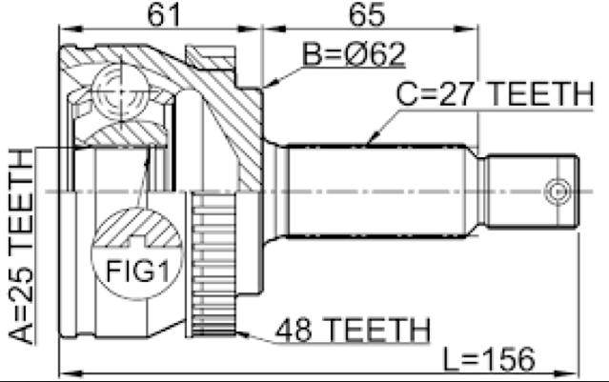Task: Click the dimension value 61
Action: [164, 14]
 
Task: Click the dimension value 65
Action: [367, 14]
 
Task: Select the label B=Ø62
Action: [354, 53]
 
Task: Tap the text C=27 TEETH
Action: [495, 94]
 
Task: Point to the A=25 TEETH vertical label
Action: [21, 246]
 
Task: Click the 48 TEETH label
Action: [353, 330]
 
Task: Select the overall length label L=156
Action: [489, 359]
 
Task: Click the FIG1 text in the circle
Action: [138, 271]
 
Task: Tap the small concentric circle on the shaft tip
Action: [558, 191]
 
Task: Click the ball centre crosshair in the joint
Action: [121, 91]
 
